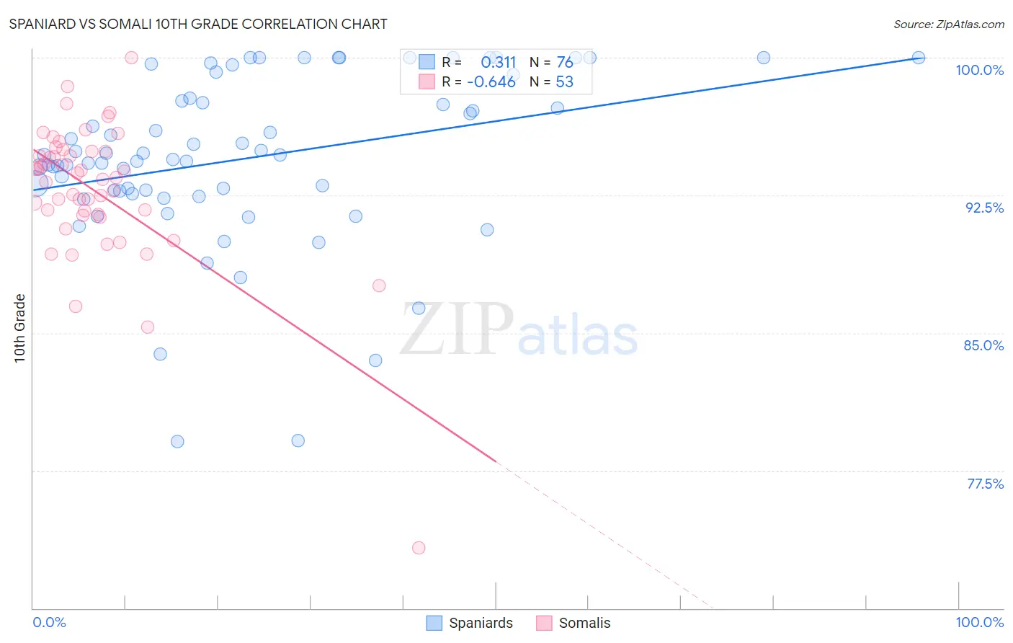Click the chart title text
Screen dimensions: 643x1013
[x=197, y=24]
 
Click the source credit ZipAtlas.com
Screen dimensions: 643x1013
[x=948, y=25]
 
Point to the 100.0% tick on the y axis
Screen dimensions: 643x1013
[x=979, y=70]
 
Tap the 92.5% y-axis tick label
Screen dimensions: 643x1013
[x=984, y=208]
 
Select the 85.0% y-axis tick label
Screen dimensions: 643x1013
[x=983, y=345]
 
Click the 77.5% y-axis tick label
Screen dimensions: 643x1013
[x=985, y=484]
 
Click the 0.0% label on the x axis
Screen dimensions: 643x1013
[x=49, y=622]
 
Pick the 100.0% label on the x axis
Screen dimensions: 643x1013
[x=979, y=622]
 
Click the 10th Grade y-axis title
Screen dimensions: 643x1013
[x=20, y=328]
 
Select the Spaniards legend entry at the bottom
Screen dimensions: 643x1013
[x=470, y=623]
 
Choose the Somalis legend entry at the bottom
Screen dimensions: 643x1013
[x=574, y=623]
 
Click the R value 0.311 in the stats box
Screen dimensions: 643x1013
[x=499, y=63]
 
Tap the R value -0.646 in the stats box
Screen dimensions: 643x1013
[x=491, y=82]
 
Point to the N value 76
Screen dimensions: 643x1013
[x=565, y=63]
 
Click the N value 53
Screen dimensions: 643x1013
[x=565, y=82]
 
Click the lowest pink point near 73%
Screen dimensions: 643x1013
[x=419, y=548]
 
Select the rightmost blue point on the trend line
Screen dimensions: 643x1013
[x=919, y=58]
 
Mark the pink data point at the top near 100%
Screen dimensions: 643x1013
[x=131, y=58]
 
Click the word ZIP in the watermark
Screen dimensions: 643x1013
[x=457, y=329]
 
